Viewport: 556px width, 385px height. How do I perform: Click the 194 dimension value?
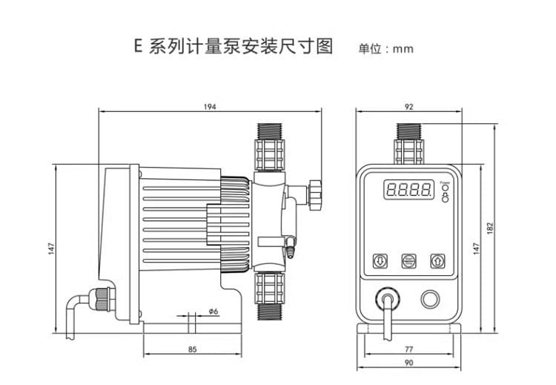click(210, 107)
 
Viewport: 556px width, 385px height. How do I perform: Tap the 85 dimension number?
click(192, 349)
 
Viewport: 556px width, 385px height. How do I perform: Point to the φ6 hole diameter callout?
click(213, 312)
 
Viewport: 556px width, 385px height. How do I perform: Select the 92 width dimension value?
click(408, 107)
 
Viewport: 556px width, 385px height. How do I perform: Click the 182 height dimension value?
click(491, 229)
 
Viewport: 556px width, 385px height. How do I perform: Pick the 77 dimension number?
click(408, 349)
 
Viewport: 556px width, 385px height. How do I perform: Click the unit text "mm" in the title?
click(403, 50)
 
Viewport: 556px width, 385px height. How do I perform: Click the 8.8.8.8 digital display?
click(408, 190)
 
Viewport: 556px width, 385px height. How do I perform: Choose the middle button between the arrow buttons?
click(408, 260)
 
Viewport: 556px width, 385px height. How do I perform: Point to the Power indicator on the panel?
click(445, 189)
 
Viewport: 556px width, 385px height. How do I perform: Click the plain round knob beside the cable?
click(430, 300)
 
